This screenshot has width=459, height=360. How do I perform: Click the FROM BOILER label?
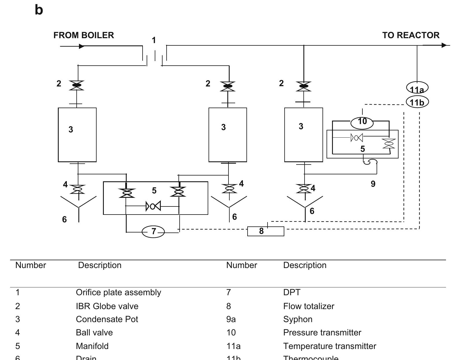pos(84,35)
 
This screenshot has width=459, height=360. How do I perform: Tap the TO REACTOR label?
pos(411,35)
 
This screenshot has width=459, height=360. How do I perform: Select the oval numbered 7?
pos(153,232)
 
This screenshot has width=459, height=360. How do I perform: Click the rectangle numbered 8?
pos(266,231)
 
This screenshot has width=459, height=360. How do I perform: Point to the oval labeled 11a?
pos(417,88)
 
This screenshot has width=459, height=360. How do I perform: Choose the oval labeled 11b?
pos(417,102)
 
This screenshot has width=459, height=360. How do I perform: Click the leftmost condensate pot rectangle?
pos(77,135)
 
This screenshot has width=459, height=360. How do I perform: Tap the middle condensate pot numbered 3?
pos(228,135)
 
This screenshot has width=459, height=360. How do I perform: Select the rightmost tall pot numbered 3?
pos(303,135)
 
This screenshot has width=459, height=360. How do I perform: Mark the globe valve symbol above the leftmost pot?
pos(77,85)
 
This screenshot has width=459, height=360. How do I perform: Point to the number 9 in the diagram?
pos(373,184)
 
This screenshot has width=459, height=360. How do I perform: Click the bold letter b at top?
pos(39,10)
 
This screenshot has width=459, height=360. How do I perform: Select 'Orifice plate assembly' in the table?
pos(118,292)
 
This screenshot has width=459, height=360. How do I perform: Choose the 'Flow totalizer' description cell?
pos(309,306)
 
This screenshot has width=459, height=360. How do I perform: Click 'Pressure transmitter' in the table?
pos(322,333)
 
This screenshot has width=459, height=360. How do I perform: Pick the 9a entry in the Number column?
pos(231,319)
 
